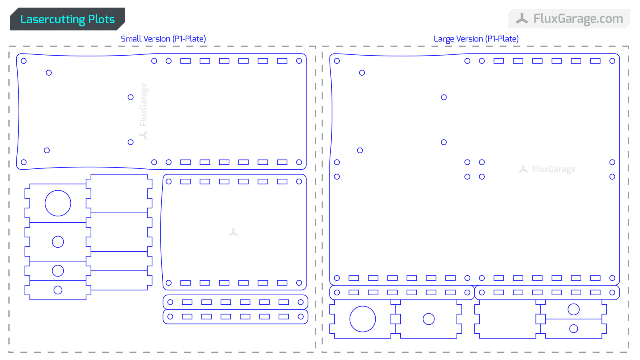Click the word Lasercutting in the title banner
coord(52,20)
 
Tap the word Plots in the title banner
coord(102,19)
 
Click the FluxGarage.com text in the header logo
coord(578,19)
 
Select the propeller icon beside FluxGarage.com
coord(522,18)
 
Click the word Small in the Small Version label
coord(130,39)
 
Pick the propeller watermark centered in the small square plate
coord(234,232)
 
